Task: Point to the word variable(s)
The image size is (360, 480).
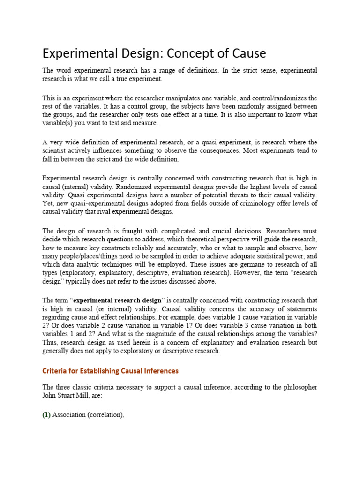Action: (x=59, y=123)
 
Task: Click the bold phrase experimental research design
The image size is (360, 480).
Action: (x=118, y=300)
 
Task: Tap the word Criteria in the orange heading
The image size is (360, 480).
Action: (x=56, y=371)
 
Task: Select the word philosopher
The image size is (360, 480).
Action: (x=297, y=387)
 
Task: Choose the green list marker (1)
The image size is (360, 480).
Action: (x=46, y=415)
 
